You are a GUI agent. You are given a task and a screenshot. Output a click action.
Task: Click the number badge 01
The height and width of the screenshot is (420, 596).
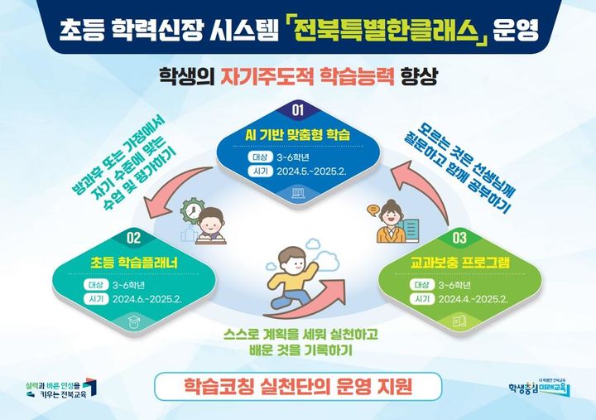(297, 109)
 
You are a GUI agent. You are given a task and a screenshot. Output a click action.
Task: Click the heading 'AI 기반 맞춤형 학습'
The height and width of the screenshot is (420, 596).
(298, 134)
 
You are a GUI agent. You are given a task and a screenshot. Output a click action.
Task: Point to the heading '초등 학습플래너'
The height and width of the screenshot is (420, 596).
(134, 263)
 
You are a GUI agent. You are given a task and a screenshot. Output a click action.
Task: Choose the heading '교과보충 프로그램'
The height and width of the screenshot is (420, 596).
(460, 263)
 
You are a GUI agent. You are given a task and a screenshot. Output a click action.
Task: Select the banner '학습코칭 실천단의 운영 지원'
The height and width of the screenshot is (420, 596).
(297, 386)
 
